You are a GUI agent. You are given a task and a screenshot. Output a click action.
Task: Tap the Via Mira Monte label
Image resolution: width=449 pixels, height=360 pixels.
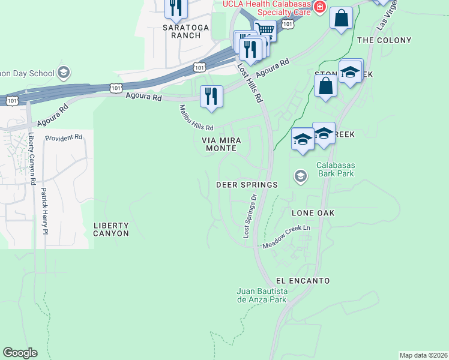221,144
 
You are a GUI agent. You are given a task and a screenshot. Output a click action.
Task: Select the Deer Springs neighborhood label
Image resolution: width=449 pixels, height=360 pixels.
252,185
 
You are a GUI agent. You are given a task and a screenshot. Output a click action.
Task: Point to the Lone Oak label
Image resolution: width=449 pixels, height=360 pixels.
313,213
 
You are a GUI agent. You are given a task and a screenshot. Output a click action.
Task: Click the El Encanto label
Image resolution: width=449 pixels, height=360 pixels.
303,280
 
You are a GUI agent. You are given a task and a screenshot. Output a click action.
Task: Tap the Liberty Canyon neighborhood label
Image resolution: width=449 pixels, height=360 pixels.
111,229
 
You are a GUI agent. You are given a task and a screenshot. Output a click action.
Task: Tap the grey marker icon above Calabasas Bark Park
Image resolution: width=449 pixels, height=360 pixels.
300,176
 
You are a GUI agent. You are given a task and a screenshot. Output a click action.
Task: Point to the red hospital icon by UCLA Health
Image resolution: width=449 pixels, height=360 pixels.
320,7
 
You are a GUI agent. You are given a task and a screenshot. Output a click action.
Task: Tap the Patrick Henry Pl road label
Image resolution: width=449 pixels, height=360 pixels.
44,209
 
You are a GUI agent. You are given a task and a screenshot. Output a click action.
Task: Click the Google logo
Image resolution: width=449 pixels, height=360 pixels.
20,353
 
